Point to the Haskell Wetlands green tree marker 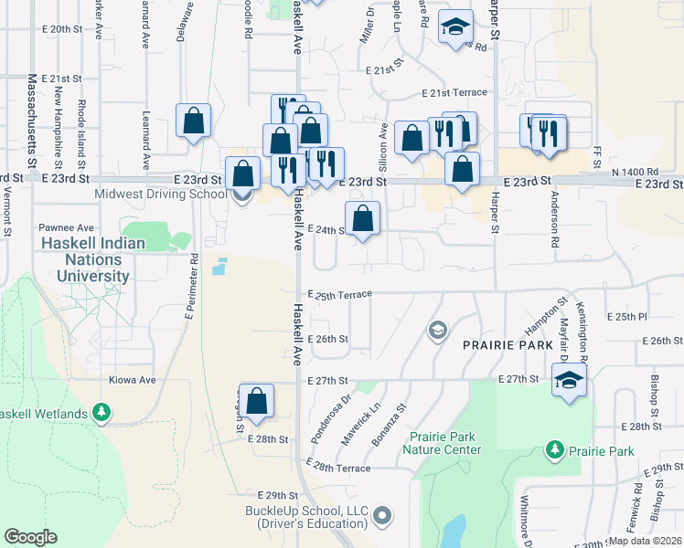click(102, 413)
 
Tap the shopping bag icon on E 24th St click(363, 219)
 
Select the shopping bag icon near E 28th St click(258, 401)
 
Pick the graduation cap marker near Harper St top click(454, 26)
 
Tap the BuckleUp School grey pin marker click(382, 517)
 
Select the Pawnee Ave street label click(67, 227)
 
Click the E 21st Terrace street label click(454, 92)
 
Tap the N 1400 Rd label click(636, 171)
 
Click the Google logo click(30, 537)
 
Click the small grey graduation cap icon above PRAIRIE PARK click(438, 329)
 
